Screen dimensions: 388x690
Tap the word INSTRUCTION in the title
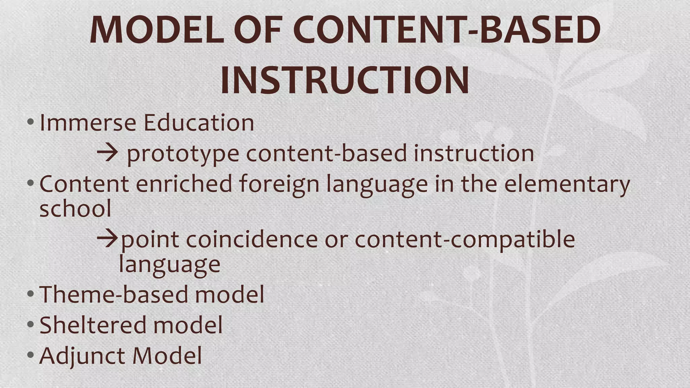click(345, 80)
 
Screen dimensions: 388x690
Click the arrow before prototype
click(107, 153)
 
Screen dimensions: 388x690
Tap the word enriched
click(184, 184)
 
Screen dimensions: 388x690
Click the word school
click(75, 208)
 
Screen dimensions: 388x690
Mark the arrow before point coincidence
click(107, 239)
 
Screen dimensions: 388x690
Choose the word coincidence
click(252, 239)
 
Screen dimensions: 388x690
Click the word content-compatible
click(465, 240)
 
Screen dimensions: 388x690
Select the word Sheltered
click(93, 325)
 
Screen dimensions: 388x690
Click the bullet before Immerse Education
click(30, 122)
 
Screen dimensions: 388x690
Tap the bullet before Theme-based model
click(30, 293)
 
